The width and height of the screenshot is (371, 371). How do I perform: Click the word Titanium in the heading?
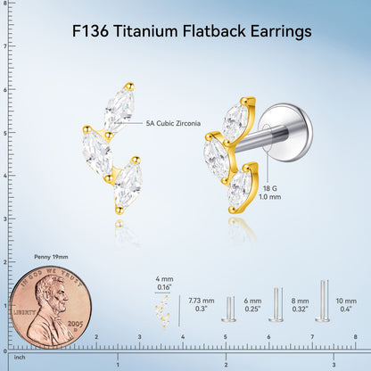coord(146,31)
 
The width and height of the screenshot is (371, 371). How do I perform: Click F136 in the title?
coord(90,31)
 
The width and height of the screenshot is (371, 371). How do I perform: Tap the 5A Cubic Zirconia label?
coord(173,123)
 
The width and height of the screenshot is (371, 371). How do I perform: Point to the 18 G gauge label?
coord(269,188)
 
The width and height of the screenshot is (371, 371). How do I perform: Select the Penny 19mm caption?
coord(51,257)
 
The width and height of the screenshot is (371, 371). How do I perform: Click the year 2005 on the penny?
coord(75,324)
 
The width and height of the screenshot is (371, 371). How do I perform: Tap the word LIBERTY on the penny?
coord(24,313)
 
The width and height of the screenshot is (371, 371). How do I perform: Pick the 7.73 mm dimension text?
coord(202,301)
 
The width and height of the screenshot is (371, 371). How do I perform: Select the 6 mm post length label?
coord(252,301)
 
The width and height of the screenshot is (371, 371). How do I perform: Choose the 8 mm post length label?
coord(300,301)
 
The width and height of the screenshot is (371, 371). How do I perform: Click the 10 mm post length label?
coord(346,301)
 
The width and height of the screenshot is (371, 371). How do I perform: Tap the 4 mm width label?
coord(164,279)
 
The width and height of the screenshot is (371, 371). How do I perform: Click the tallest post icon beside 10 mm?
coord(323,301)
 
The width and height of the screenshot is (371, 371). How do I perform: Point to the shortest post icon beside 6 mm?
coord(229,309)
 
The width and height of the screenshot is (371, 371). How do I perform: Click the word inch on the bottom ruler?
coord(20,358)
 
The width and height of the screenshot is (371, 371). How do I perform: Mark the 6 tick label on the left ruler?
coord(5,89)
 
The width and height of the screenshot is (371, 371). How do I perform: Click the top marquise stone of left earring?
coord(119,108)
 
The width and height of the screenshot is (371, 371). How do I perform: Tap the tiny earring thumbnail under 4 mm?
coord(162,312)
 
